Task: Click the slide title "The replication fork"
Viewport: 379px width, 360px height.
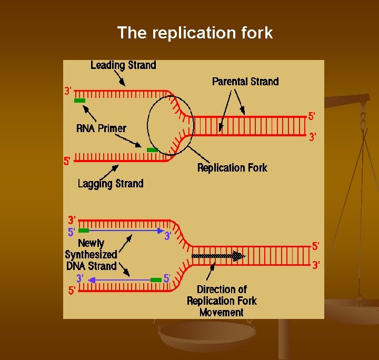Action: point(195,33)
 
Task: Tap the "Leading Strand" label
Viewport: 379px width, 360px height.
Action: point(123,65)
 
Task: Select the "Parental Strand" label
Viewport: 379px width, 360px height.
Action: point(245,82)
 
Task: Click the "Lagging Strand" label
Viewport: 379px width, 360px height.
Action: point(111,183)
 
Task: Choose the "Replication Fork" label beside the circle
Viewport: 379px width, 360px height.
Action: point(232,168)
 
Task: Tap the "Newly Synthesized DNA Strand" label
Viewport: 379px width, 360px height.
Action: point(91,255)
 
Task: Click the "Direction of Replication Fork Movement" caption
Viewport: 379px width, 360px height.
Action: point(222,301)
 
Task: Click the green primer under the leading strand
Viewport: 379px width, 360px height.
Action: point(80,100)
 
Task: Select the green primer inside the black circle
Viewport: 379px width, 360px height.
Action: point(152,150)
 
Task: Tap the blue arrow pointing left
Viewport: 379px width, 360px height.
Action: point(119,280)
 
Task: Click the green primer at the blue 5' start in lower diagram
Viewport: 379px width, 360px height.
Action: point(83,231)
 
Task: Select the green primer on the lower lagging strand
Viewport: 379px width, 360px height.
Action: point(156,280)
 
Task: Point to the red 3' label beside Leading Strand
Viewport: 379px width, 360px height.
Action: point(68,91)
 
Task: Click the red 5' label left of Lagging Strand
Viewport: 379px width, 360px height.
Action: point(67,162)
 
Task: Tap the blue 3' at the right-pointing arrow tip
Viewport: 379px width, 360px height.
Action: point(167,236)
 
